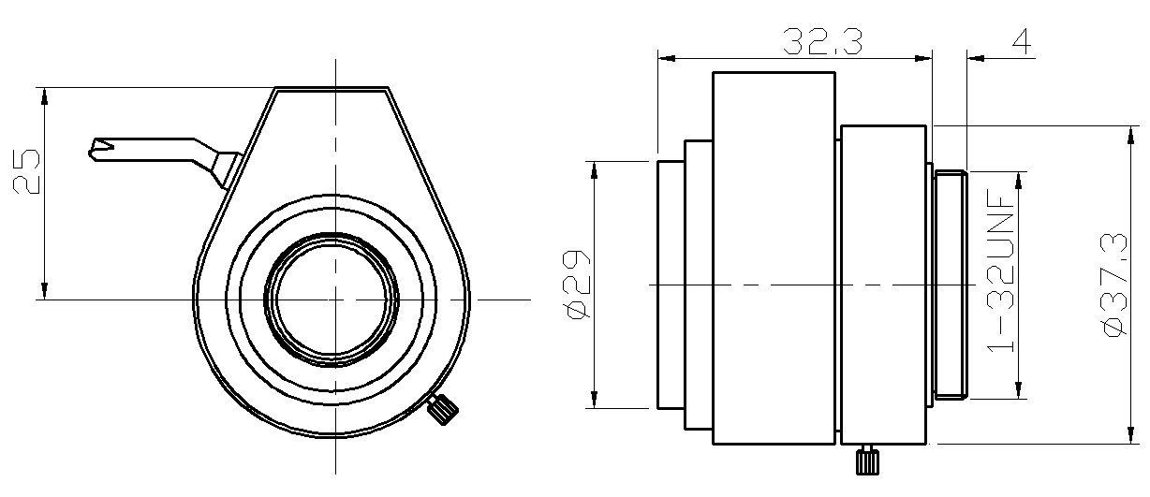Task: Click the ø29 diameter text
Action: [577, 285]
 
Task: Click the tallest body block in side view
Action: [774, 257]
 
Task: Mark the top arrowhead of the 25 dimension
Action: [42, 95]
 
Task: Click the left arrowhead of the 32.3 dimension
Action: [666, 58]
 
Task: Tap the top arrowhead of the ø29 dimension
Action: [592, 168]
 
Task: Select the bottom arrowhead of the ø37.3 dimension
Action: [1128, 437]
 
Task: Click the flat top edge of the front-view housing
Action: [332, 89]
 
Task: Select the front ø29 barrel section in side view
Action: [671, 285]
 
